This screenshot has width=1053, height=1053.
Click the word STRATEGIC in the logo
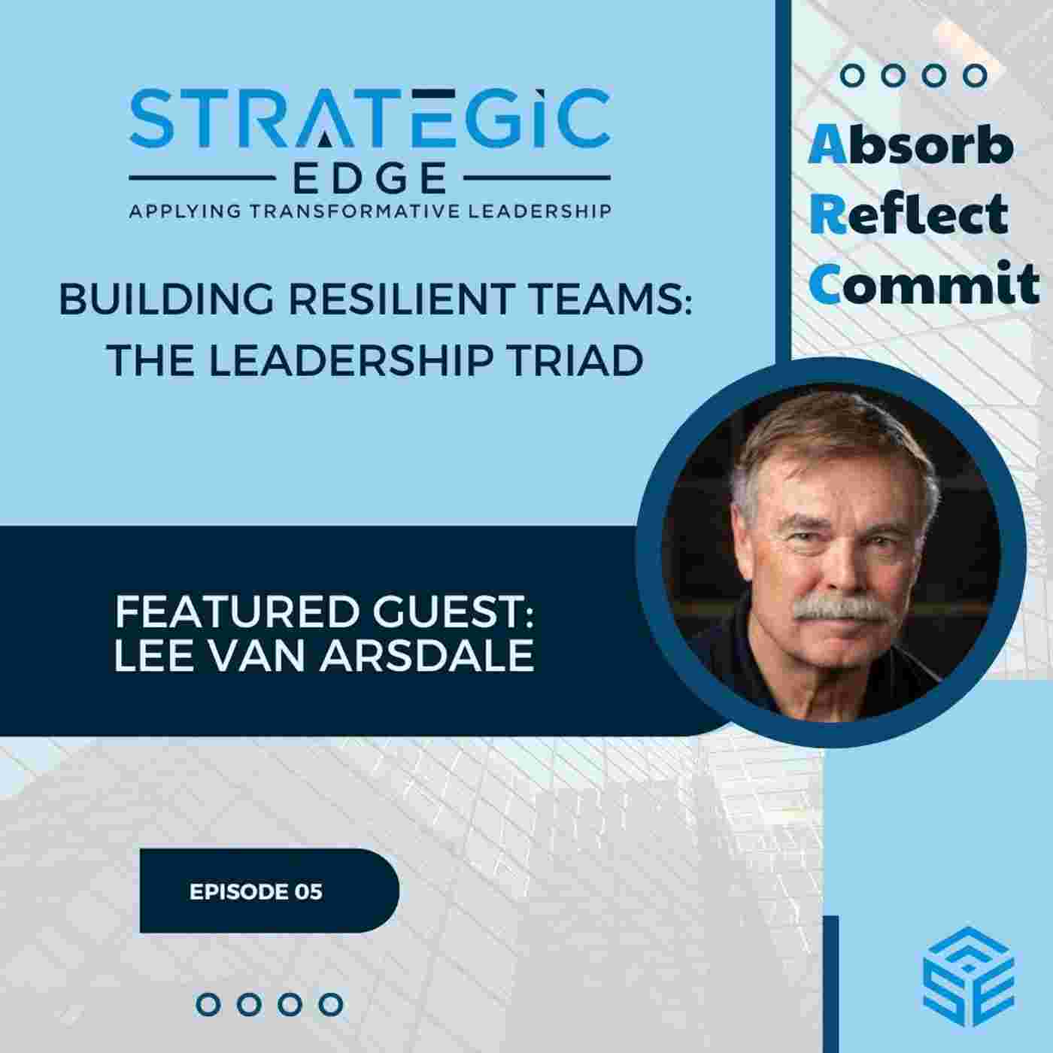[x=369, y=119]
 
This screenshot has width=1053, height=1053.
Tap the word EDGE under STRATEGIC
[x=369, y=180]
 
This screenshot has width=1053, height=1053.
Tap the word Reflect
[x=909, y=214]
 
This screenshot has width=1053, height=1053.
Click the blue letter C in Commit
[x=824, y=284]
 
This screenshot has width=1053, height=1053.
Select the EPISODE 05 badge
[x=269, y=891]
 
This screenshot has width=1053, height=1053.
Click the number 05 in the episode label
[x=308, y=892]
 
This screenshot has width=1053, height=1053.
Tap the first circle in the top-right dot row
[x=851, y=75]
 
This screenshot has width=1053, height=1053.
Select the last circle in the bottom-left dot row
[x=330, y=1004]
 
